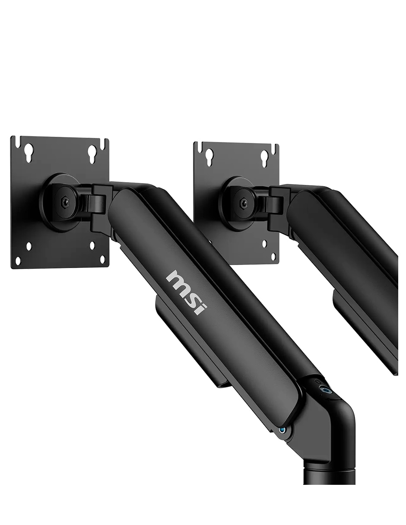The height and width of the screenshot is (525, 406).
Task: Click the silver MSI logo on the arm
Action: (186, 292)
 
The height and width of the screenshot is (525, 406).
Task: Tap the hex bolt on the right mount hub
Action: (242, 203)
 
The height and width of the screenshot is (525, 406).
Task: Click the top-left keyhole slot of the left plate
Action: (29, 152)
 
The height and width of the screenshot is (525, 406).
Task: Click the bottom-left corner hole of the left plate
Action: (18, 260)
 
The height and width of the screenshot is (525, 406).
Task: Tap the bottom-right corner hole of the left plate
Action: (102, 260)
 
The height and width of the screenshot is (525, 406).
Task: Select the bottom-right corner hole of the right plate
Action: (273, 257)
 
